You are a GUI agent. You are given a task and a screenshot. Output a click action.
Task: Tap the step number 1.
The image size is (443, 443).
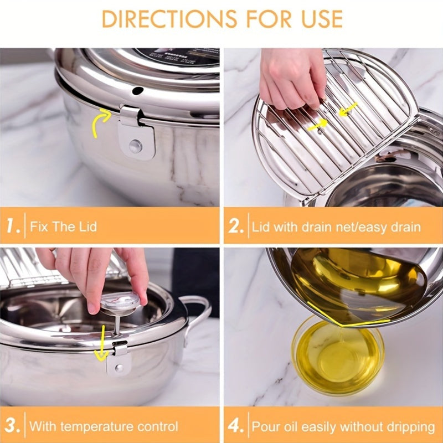pyautogui.click(x=13, y=226)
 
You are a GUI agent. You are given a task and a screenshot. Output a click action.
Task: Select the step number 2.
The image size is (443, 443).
pyautogui.click(x=236, y=226)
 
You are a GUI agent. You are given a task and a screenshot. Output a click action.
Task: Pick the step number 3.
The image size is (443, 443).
pyautogui.click(x=13, y=426)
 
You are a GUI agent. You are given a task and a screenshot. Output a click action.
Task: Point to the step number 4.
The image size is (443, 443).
pyautogui.click(x=236, y=426)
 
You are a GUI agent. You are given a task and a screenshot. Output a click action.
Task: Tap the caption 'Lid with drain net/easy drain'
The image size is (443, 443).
pyautogui.click(x=336, y=227)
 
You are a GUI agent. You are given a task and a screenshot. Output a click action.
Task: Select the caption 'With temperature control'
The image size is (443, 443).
pyautogui.click(x=104, y=427)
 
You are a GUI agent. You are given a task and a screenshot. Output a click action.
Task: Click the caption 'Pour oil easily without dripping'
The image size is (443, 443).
pyautogui.click(x=343, y=427)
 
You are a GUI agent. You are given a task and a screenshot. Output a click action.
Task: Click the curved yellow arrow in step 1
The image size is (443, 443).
pyautogui.click(x=99, y=122)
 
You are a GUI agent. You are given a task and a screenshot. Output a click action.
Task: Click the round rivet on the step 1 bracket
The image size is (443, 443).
pyautogui.click(x=135, y=146)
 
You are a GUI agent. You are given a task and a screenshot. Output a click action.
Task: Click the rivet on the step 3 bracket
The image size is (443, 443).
pyautogui.click(x=117, y=367)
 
